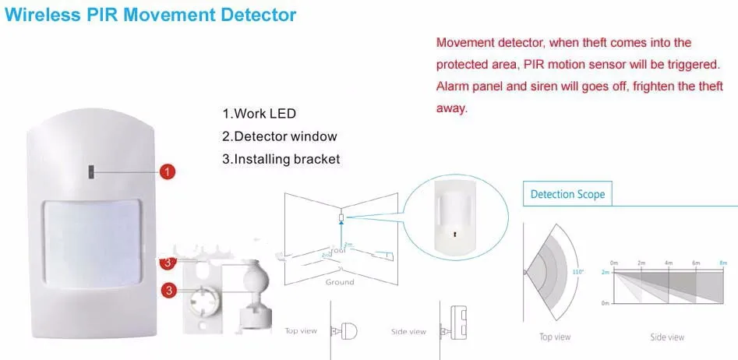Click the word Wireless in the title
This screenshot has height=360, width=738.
click(x=37, y=15)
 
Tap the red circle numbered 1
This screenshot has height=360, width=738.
click(x=168, y=171)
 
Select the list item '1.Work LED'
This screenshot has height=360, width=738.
click(x=259, y=113)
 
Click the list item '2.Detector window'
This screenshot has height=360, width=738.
click(x=279, y=136)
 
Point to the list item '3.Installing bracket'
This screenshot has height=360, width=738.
click(x=281, y=159)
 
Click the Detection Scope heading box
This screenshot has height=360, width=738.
click(x=567, y=194)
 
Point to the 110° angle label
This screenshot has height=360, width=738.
click(x=578, y=272)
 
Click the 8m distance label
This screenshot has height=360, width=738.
click(x=722, y=263)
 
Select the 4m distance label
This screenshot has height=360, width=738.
click(x=668, y=263)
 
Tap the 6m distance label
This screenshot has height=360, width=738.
click(x=696, y=263)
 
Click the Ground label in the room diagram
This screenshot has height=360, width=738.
click(x=340, y=282)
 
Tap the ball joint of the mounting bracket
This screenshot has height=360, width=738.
click(x=256, y=280)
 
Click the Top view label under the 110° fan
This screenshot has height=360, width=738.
click(x=555, y=337)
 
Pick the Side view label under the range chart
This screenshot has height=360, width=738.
click(x=667, y=337)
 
